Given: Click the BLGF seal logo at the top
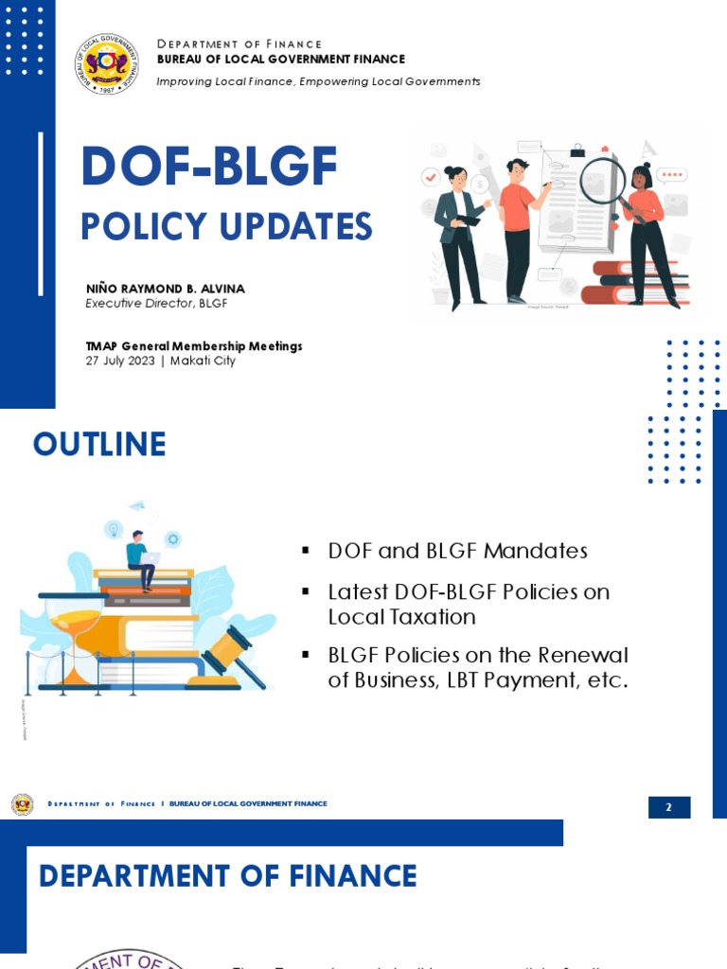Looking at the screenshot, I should coord(107,63).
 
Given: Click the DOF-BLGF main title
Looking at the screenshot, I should coord(208,167).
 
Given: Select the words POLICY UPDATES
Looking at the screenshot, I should coord(226,227).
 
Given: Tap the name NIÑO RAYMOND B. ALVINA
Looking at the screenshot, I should coord(165,289).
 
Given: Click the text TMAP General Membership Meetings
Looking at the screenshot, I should coord(193,346).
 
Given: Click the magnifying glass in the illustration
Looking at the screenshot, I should coord(602,179).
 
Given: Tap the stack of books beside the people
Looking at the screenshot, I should coord(637,282).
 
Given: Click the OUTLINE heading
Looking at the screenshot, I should coord(99,444).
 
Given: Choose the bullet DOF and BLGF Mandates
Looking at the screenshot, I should coord(457,551).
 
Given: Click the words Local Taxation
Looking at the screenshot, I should coord(401,617).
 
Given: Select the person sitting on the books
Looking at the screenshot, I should coord(140,558).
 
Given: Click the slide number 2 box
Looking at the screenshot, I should coord(668,807).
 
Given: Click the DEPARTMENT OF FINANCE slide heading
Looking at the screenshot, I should coord(227,875).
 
